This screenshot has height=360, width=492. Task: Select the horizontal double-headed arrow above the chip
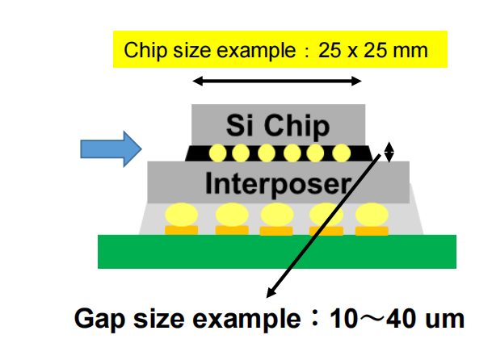(x=277, y=81)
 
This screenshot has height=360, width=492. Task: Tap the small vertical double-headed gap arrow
(x=389, y=151)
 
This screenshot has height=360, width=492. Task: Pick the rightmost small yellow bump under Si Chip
(x=341, y=152)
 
